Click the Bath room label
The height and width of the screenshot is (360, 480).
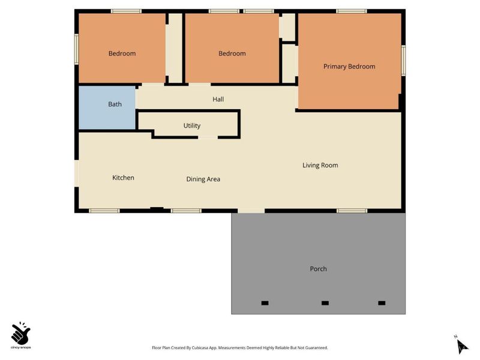[115, 104]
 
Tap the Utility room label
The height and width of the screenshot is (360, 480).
[192, 126]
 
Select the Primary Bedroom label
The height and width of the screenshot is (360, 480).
[349, 67]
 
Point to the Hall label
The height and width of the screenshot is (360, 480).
[218, 99]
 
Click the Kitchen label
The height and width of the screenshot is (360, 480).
[123, 178]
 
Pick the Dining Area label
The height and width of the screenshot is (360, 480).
[203, 179]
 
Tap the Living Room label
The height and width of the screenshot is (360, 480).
[320, 166]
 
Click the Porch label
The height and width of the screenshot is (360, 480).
[319, 269]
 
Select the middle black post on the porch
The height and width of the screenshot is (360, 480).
[325, 303]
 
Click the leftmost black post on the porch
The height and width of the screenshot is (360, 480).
[265, 303]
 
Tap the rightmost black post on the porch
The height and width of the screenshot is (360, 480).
[382, 303]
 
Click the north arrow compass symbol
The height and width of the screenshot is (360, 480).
[461, 346]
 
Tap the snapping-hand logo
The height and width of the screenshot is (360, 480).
[20, 333]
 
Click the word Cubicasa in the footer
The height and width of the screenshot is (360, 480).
[199, 348]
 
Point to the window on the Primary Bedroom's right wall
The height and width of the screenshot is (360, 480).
[403, 61]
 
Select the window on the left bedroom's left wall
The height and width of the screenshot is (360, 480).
[77, 49]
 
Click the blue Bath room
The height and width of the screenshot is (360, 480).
[107, 107]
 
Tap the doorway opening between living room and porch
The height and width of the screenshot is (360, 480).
[251, 211]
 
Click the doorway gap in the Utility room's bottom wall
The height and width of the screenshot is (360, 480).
[208, 137]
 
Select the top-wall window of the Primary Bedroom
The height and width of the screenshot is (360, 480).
[352, 11]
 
